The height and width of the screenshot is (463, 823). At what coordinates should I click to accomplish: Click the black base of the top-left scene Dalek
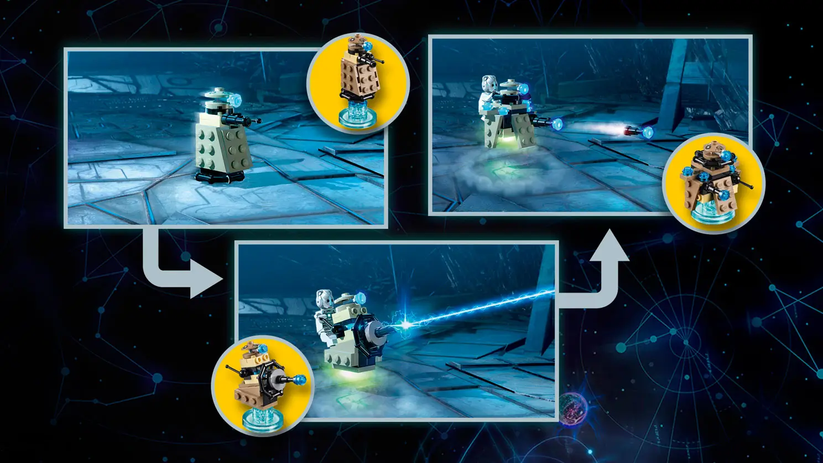pos(220,176)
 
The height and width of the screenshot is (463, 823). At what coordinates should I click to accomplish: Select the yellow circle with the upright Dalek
pos(358,83)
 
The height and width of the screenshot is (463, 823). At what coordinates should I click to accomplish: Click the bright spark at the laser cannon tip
pos(407,325)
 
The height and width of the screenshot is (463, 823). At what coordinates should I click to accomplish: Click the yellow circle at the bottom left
pos(263,386)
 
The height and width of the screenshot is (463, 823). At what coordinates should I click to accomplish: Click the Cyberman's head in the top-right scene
pos(488,85)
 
